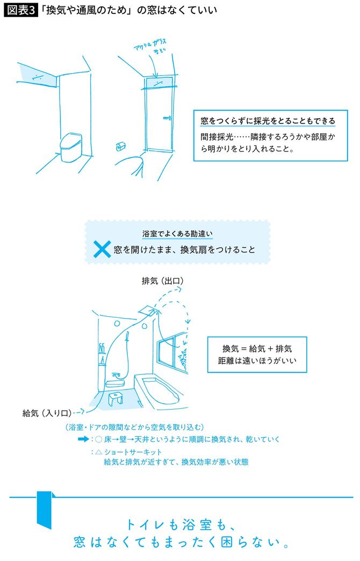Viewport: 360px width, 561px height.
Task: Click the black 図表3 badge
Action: [x=20, y=10]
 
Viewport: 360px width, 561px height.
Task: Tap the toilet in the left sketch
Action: [x=70, y=147]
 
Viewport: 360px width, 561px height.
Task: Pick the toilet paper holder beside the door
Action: [x=120, y=147]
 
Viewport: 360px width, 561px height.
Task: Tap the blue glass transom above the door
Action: [x=160, y=83]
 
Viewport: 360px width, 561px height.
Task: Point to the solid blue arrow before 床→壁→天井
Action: [x=83, y=439]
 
